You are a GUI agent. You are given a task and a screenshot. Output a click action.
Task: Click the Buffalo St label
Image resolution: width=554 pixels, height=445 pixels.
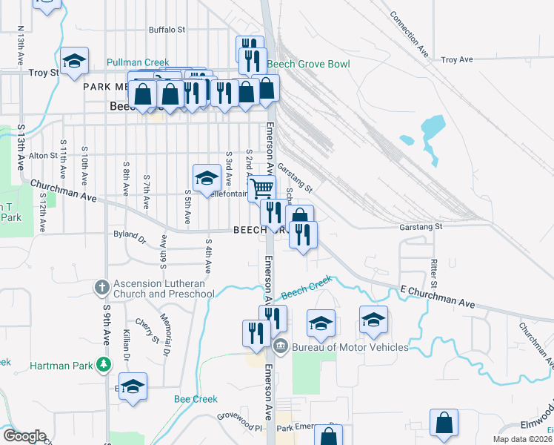[167, 30]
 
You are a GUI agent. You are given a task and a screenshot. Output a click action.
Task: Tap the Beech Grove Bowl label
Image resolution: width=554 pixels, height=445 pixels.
[308, 65]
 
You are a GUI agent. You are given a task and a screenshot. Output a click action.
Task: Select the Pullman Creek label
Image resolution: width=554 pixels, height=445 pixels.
[138, 63]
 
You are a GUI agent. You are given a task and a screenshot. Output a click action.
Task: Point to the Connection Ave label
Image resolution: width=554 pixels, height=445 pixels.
[409, 34]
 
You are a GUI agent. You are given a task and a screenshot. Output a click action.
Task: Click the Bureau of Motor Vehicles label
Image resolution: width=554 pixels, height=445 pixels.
[350, 347]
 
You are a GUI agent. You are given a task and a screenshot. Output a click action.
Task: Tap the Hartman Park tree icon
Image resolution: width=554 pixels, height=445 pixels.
[104, 364]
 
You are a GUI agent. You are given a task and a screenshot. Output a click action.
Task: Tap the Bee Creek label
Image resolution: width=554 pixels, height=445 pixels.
[196, 399]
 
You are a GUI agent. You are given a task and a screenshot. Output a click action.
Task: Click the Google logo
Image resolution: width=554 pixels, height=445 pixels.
[24, 436]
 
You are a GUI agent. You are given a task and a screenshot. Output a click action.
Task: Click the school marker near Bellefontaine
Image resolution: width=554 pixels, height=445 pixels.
[207, 177]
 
